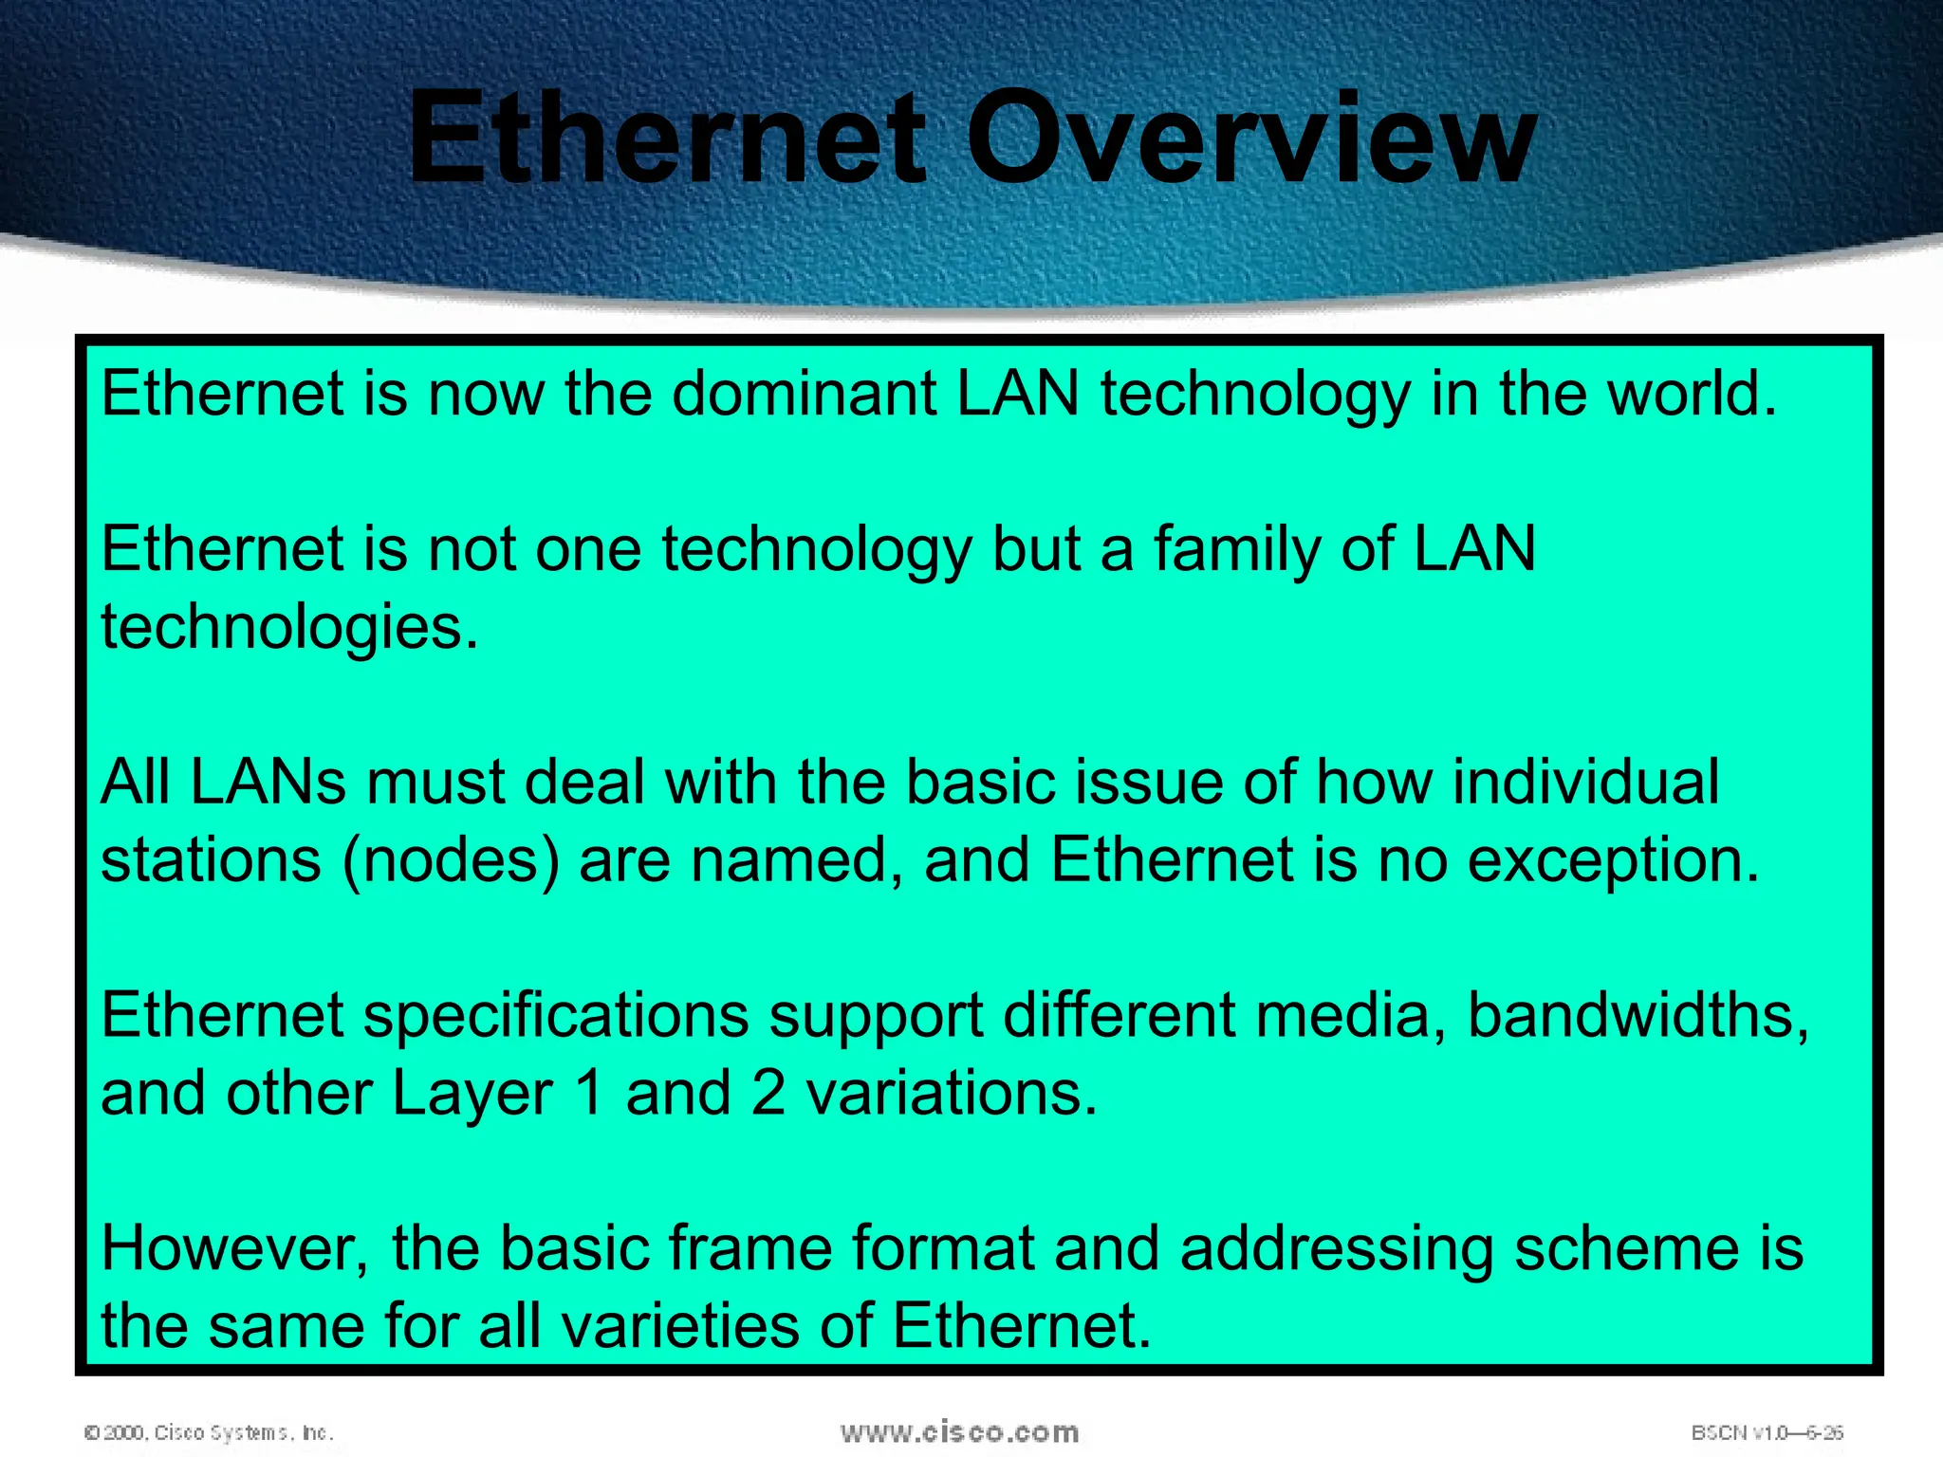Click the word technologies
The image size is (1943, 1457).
tap(288, 628)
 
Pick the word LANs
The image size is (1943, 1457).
tap(268, 783)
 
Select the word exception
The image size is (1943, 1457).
tap(1612, 861)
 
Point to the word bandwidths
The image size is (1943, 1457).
tap(1638, 1016)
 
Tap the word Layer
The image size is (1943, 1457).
tap(472, 1094)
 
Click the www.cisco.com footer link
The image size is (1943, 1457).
tap(959, 1431)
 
